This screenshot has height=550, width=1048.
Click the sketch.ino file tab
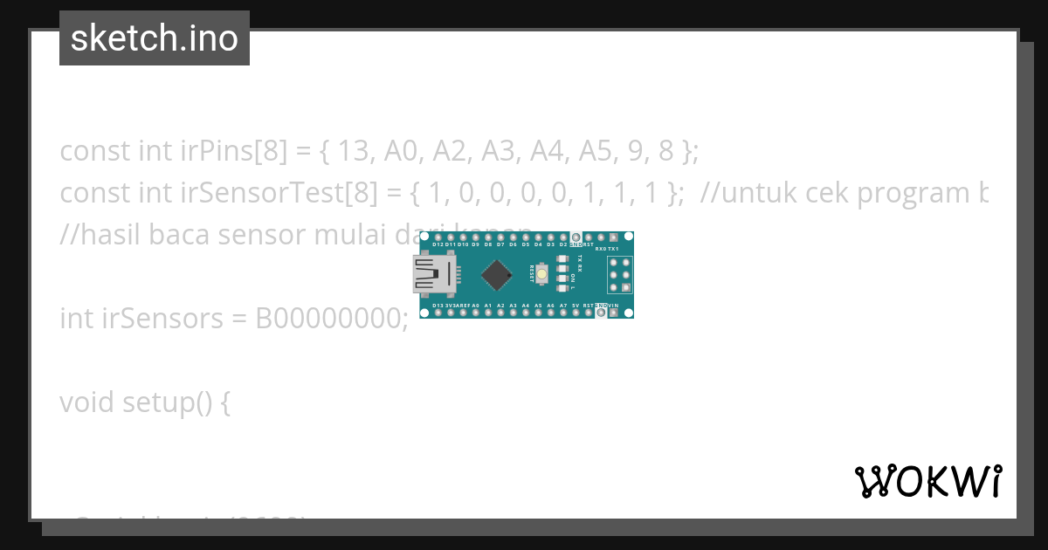point(155,38)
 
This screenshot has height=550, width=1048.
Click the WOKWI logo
point(927,481)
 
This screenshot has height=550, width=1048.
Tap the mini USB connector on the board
point(434,275)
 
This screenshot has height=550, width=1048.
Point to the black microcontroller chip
point(496,275)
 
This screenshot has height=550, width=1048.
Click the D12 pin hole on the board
point(437,237)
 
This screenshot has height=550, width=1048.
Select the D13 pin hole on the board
point(437,313)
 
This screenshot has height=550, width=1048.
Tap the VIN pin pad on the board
point(614,313)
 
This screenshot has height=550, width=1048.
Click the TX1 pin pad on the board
point(614,237)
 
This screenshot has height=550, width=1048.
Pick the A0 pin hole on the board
point(475,313)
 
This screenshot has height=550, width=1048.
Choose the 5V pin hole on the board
point(576,313)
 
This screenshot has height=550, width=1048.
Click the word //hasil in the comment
point(99,234)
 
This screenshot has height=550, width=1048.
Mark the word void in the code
point(87,402)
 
